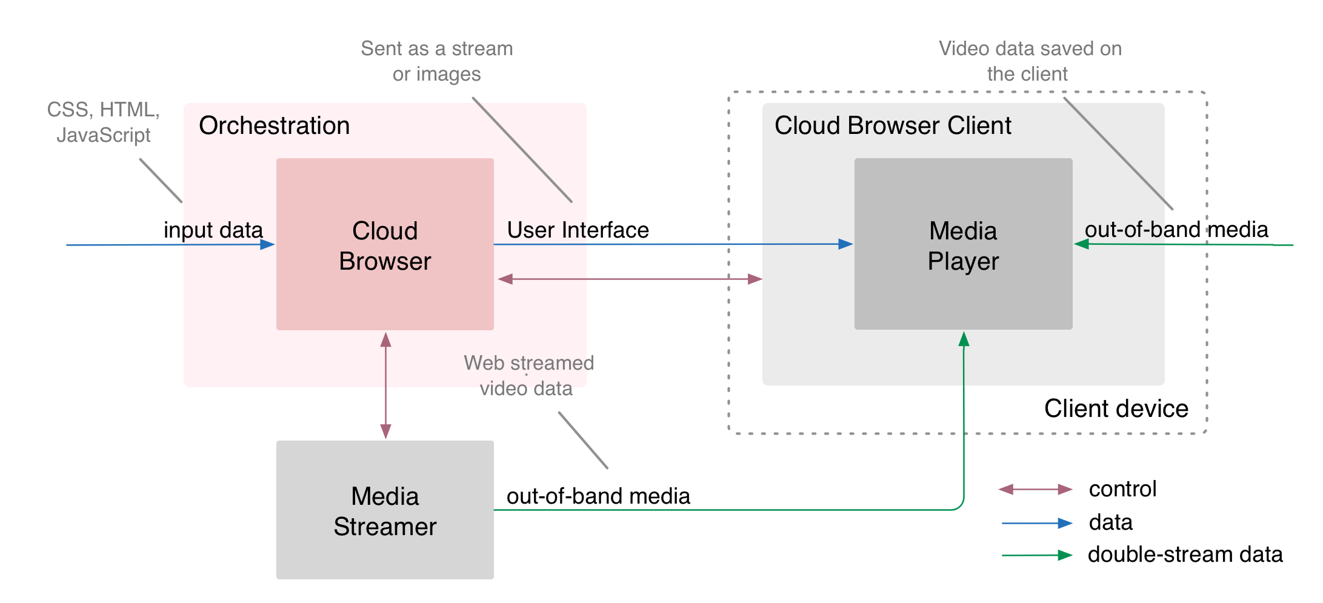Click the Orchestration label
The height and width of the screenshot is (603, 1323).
coord(274,126)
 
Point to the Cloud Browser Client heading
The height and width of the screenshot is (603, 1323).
coord(893,126)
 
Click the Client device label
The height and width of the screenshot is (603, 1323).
coord(1116,408)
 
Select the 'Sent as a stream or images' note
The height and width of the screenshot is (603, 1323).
coord(436,61)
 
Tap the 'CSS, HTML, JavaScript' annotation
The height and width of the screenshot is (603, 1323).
coord(104,122)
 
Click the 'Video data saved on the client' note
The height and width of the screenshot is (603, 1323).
coord(1030,61)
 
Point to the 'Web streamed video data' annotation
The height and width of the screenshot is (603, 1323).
coord(528,376)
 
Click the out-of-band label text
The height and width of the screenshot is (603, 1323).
coord(1142,230)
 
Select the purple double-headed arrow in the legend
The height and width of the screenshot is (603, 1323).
coord(1036,489)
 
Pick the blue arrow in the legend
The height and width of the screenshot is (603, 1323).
coord(1037,523)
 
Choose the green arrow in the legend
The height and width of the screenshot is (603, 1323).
coord(1037,555)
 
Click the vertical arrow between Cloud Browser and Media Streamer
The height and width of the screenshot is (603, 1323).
coord(385,385)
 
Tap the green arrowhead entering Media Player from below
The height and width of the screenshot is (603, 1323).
coord(964,339)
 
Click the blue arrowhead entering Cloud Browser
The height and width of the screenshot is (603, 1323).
coord(267,245)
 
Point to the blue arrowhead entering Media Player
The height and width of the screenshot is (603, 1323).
coord(845,244)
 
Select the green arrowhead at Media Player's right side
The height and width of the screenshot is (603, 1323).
coord(1082,244)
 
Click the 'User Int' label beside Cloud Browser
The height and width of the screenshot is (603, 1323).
coord(546,230)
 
